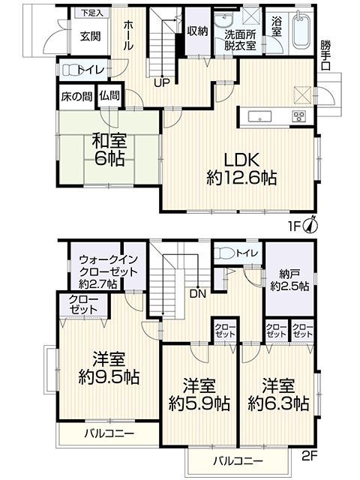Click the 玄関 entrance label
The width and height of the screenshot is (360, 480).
pyautogui.click(x=90, y=37)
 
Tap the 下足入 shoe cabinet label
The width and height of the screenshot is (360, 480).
pyautogui.click(x=91, y=13)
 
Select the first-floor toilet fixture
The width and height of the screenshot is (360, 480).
pyautogui.click(x=70, y=69)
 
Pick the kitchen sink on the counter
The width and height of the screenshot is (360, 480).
pyautogui.click(x=260, y=116)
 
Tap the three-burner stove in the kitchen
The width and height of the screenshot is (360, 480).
pyautogui.click(x=298, y=116)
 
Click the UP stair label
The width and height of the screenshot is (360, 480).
pyautogui.click(x=162, y=83)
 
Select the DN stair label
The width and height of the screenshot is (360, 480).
pyautogui.click(x=198, y=294)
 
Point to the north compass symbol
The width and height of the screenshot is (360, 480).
pyautogui.click(x=310, y=226)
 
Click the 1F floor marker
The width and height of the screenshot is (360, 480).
pyautogui.click(x=295, y=226)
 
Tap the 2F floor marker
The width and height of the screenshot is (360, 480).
pyautogui.click(x=310, y=457)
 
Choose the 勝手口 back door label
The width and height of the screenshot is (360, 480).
pyautogui.click(x=325, y=55)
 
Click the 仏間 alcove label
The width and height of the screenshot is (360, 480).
pyautogui.click(x=109, y=96)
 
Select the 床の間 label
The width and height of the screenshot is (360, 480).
pyautogui.click(x=76, y=97)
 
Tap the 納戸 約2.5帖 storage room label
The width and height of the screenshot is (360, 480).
pyautogui.click(x=289, y=280)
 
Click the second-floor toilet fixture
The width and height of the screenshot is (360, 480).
pyautogui.click(x=224, y=253)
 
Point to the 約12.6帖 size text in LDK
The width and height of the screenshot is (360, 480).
pyautogui.click(x=241, y=178)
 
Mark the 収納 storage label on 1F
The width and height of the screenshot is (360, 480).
pyautogui.click(x=197, y=31)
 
